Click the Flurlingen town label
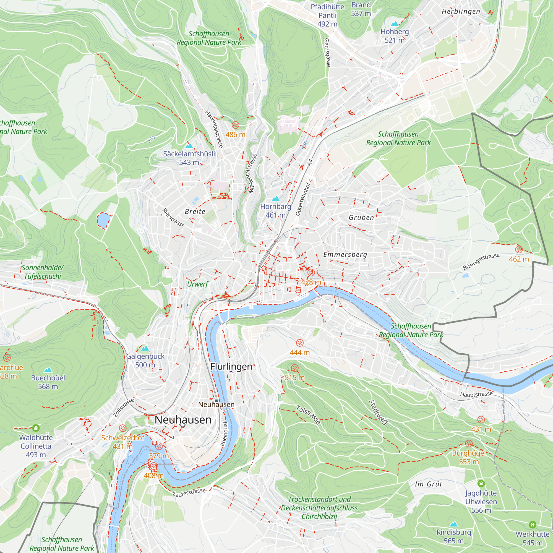tap(231, 366)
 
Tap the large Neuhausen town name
tap(183, 420)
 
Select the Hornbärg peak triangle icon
tap(275, 198)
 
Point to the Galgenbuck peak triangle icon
tap(145, 348)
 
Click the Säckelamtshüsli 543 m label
tap(189, 158)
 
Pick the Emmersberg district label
tap(345, 254)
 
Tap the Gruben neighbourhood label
tap(361, 218)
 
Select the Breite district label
tap(195, 212)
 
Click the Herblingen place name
tap(461, 11)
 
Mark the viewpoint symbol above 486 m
tap(235, 125)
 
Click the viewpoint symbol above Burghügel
tap(469, 444)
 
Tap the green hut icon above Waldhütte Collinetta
tap(36, 428)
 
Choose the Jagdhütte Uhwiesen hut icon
tap(481, 483)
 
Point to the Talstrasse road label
tap(308, 414)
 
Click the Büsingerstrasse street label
tap(481, 261)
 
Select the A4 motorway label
tap(310, 162)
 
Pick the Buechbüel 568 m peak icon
tap(48, 370)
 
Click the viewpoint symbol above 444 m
tap(300, 343)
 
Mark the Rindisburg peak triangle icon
tap(454, 524)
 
